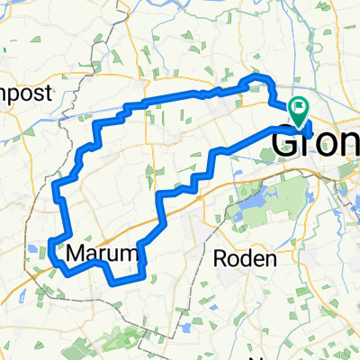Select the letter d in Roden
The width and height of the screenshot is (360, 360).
pyautogui.click(x=247, y=258)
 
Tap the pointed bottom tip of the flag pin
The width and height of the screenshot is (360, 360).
pyautogui.click(x=298, y=125)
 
